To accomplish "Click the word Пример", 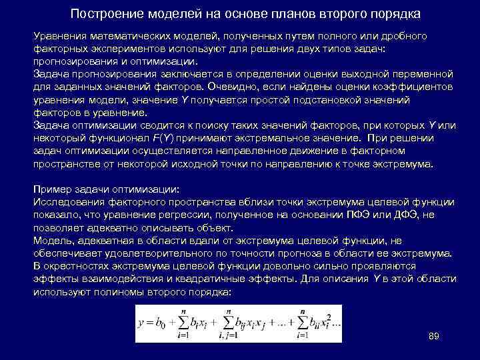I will click(x=52, y=189).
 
